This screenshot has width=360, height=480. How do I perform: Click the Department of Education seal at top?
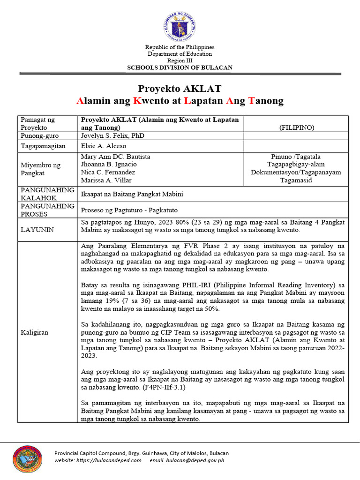[x=180, y=26]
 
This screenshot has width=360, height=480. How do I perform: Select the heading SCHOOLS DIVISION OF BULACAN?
[x=180, y=67]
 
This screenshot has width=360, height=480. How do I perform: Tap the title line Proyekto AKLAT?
[x=180, y=89]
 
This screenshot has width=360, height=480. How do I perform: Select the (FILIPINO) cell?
[x=296, y=127]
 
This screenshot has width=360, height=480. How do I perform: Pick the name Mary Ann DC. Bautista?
[x=115, y=156]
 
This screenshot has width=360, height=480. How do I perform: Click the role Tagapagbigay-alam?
[x=296, y=164]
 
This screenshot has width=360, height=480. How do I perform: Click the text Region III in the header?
[x=180, y=60]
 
